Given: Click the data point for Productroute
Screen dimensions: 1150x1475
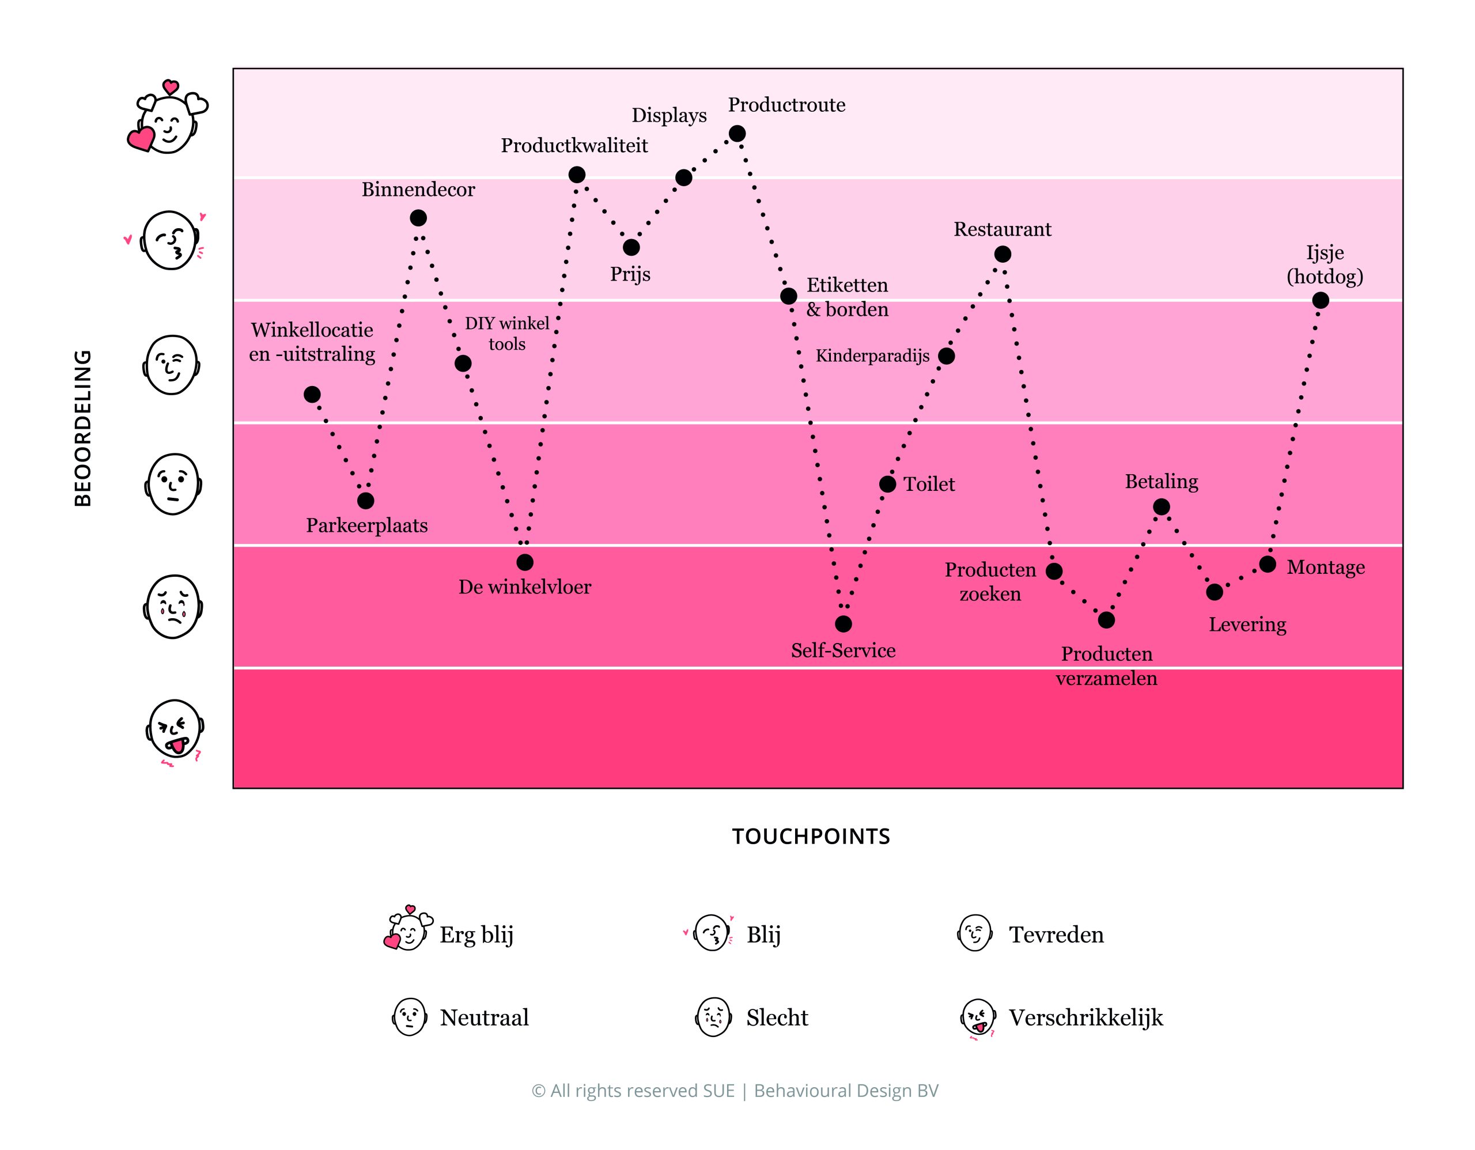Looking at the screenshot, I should coord(737,134).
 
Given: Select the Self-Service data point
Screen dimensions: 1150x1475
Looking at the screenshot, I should coord(844,624).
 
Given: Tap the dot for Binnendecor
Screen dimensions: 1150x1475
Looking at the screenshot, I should coord(418,218).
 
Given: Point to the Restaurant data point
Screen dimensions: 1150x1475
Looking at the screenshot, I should coord(1002,255).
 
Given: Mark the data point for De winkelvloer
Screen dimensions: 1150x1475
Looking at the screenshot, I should coord(525,562).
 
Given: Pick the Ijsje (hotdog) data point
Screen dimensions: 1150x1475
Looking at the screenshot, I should coord(1321,301).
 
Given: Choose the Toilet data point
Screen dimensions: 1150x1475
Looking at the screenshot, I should coord(887,484).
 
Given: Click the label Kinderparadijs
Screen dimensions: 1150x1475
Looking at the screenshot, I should coord(872,356).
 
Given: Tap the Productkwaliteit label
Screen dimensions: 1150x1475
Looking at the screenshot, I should coord(574,145).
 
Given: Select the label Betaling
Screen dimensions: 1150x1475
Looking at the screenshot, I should coord(1161,482).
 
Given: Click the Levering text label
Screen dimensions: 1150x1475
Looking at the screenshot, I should coord(1247,625).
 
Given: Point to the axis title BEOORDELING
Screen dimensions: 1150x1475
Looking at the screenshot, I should coord(82,428).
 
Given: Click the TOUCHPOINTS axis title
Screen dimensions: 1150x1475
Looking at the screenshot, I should coord(811,837).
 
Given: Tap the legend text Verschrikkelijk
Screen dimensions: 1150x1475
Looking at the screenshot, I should coord(1086,1017).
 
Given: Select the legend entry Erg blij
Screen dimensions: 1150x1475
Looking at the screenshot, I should coord(476,935).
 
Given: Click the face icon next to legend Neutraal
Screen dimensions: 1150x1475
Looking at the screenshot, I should coord(409,1017).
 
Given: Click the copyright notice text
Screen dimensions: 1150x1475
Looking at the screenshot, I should coord(735,1091).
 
